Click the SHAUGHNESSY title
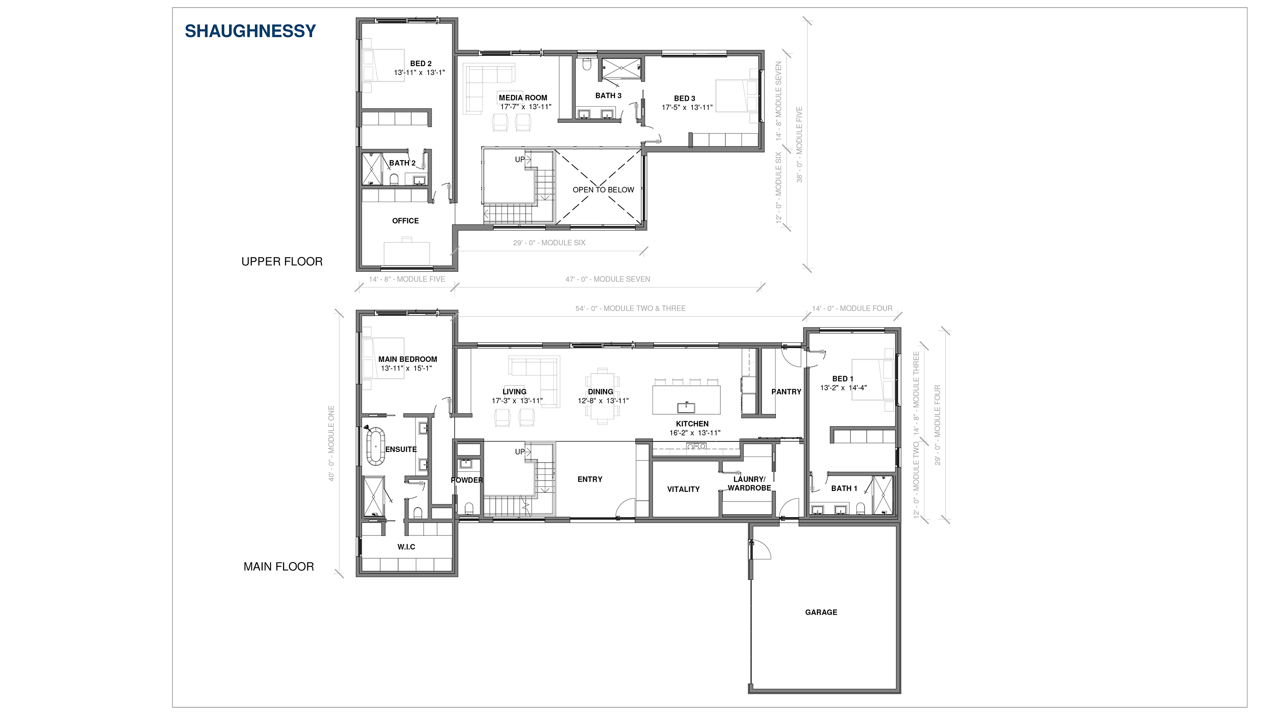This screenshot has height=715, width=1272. click(x=250, y=31)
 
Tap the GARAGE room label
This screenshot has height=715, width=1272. click(x=821, y=612)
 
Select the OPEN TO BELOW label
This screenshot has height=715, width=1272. click(x=603, y=189)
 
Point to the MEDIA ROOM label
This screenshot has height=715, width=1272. click(x=523, y=98)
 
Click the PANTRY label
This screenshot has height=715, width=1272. click(x=787, y=392)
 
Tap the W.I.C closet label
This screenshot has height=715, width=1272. click(x=406, y=547)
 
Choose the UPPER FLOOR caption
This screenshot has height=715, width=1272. click(x=282, y=261)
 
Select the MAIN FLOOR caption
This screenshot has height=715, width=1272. click(x=279, y=566)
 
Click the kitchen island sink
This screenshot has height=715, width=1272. click(x=686, y=407)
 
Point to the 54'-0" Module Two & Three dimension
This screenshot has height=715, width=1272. click(x=630, y=308)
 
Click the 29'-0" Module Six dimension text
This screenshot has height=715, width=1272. click(x=549, y=243)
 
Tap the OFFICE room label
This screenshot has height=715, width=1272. click(x=405, y=221)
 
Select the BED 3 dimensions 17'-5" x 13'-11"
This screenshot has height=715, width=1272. click(x=687, y=107)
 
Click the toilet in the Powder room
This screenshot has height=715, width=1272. click(x=469, y=508)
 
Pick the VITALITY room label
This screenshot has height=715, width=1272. click(x=683, y=489)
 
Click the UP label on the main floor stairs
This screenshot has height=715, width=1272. click(x=519, y=452)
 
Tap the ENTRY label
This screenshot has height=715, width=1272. click(x=590, y=479)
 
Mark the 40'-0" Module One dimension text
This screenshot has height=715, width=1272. click(x=331, y=443)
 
